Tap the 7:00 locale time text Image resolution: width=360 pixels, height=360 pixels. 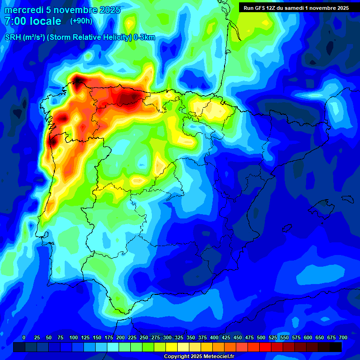(x=33, y=21)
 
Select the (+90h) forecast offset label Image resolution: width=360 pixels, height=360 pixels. (x=81, y=21)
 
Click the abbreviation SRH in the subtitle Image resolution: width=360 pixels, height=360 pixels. (x=13, y=38)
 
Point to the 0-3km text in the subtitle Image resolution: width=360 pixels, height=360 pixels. (x=144, y=38)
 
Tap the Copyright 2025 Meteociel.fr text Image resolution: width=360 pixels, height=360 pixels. (x=199, y=356)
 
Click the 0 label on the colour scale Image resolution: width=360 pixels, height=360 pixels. (x=24, y=337)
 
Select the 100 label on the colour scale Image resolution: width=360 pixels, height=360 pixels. (x=74, y=337)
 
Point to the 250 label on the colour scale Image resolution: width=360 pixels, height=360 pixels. (x=144, y=337)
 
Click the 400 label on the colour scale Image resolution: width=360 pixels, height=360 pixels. (x=214, y=337)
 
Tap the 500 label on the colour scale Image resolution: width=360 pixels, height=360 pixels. (x=261, y=337)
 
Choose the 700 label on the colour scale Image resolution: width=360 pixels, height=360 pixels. (x=343, y=337)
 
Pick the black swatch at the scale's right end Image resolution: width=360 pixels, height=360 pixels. (x=336, y=347)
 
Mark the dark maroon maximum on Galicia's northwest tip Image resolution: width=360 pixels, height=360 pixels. (x=78, y=80)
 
